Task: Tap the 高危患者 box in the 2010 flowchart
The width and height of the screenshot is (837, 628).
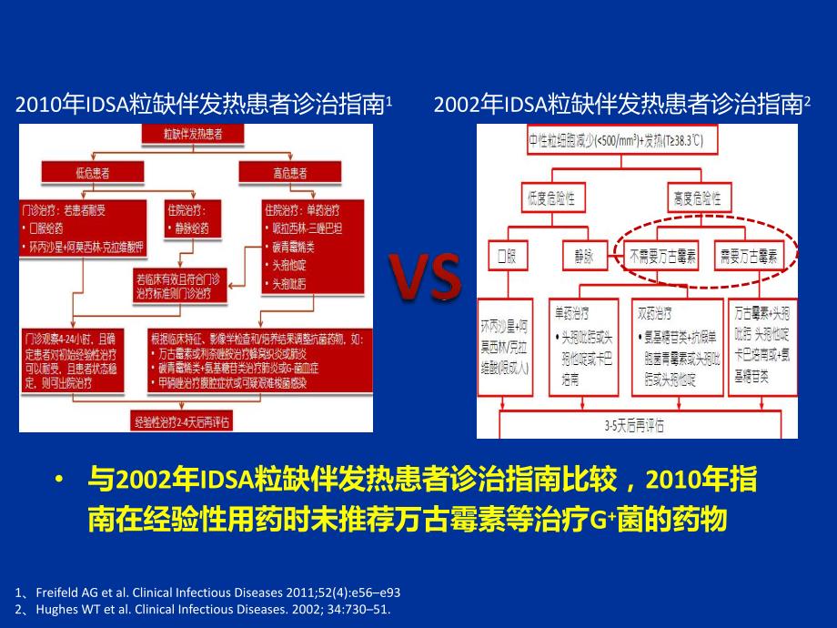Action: pyautogui.click(x=288, y=171)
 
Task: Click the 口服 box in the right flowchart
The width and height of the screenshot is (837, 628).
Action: pyautogui.click(x=506, y=256)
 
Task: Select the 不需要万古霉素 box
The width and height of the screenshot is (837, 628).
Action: pyautogui.click(x=663, y=256)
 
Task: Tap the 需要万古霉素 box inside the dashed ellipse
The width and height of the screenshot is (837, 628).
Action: pyautogui.click(x=750, y=256)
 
